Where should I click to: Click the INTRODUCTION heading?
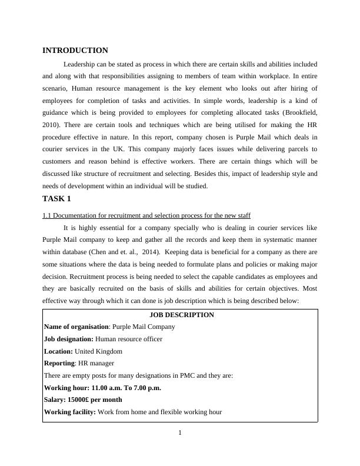75,51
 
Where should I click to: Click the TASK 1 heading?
56,199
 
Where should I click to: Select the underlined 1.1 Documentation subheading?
146,215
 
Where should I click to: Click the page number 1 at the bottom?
180,434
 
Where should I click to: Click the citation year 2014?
152,252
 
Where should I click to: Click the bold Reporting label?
59,363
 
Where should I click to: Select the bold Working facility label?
70,412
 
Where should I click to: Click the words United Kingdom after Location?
99,351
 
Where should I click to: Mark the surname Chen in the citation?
96,252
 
